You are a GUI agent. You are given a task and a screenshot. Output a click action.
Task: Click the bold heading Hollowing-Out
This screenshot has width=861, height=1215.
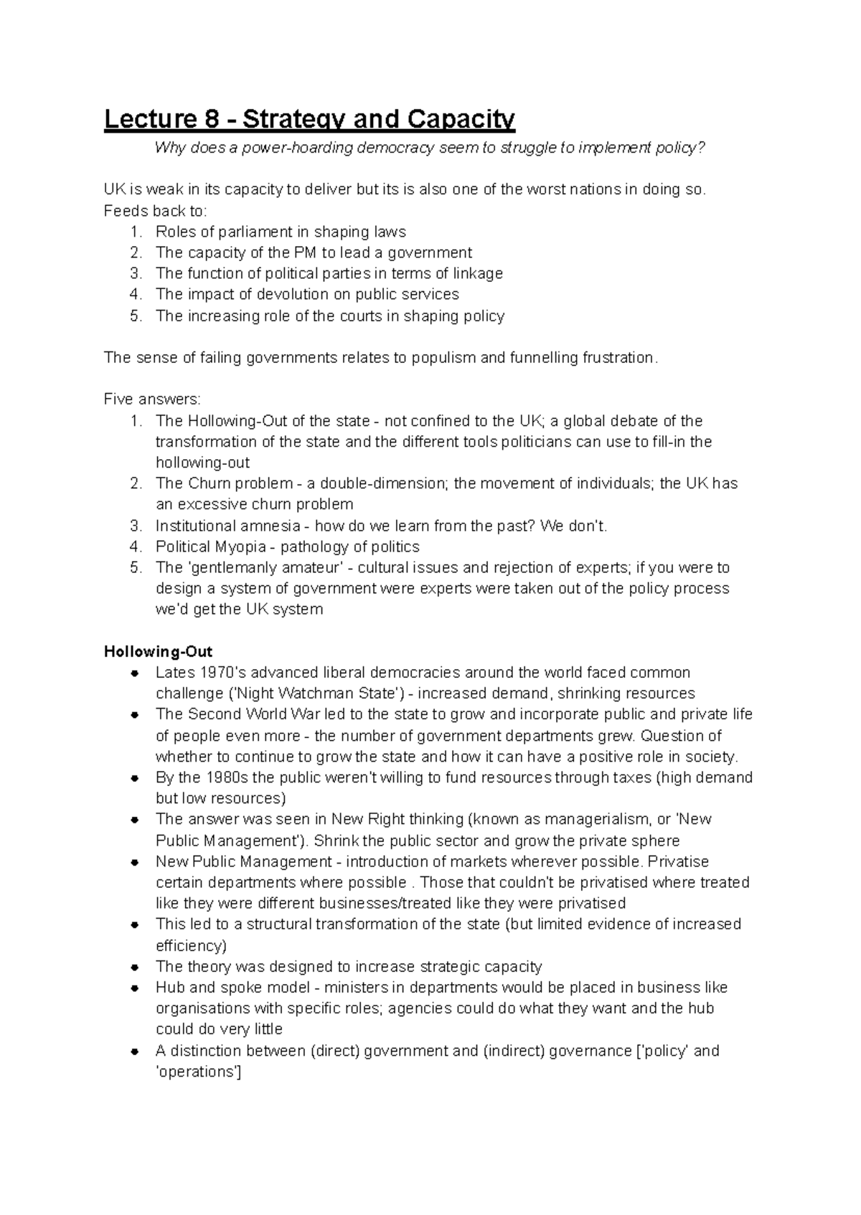tap(158, 651)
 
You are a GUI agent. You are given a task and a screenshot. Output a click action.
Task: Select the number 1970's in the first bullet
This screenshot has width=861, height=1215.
tap(223, 673)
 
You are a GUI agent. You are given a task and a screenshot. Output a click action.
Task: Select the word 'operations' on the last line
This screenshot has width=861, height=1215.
tap(199, 1072)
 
